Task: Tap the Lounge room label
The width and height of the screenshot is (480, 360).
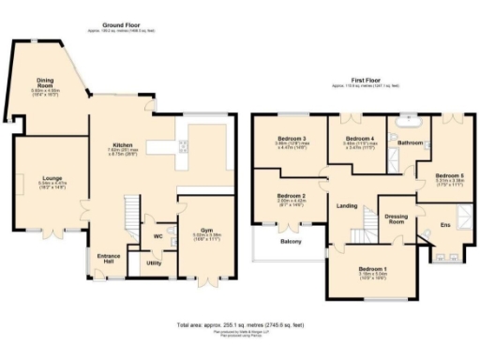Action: click(50, 177)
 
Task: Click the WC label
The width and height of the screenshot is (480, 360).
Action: click(158, 236)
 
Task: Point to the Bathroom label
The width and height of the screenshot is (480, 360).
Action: click(410, 142)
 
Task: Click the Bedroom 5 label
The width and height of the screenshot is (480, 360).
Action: click(449, 175)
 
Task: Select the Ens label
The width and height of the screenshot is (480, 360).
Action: click(446, 225)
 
